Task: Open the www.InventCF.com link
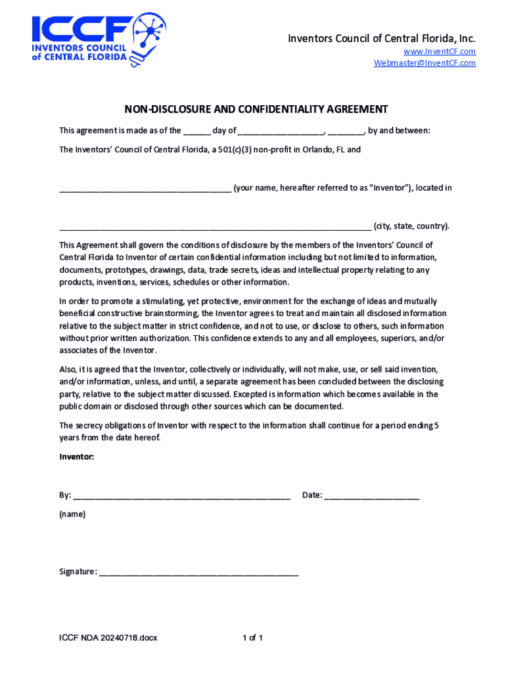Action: pos(440,51)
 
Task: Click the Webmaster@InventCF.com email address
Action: pos(425,63)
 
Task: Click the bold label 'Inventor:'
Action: pos(77,456)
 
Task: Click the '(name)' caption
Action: pos(72,514)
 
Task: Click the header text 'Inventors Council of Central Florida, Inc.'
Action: pos(381,39)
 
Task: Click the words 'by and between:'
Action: pos(399,131)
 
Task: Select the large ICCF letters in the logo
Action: pos(81,29)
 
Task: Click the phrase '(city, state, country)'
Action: pos(412,227)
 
